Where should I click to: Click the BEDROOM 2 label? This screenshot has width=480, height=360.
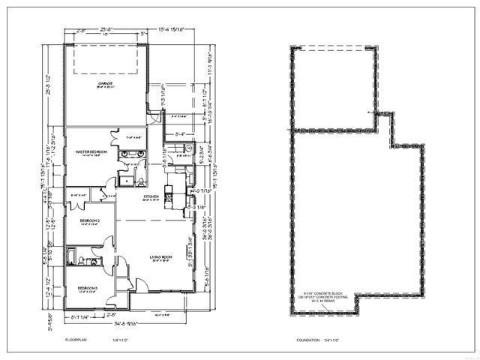click(x=90, y=220)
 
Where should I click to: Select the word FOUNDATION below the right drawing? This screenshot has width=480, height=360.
click(x=307, y=340)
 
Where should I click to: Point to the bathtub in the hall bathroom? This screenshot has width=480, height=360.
click(x=73, y=261)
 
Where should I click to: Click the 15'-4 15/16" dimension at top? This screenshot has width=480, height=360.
click(x=168, y=29)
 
